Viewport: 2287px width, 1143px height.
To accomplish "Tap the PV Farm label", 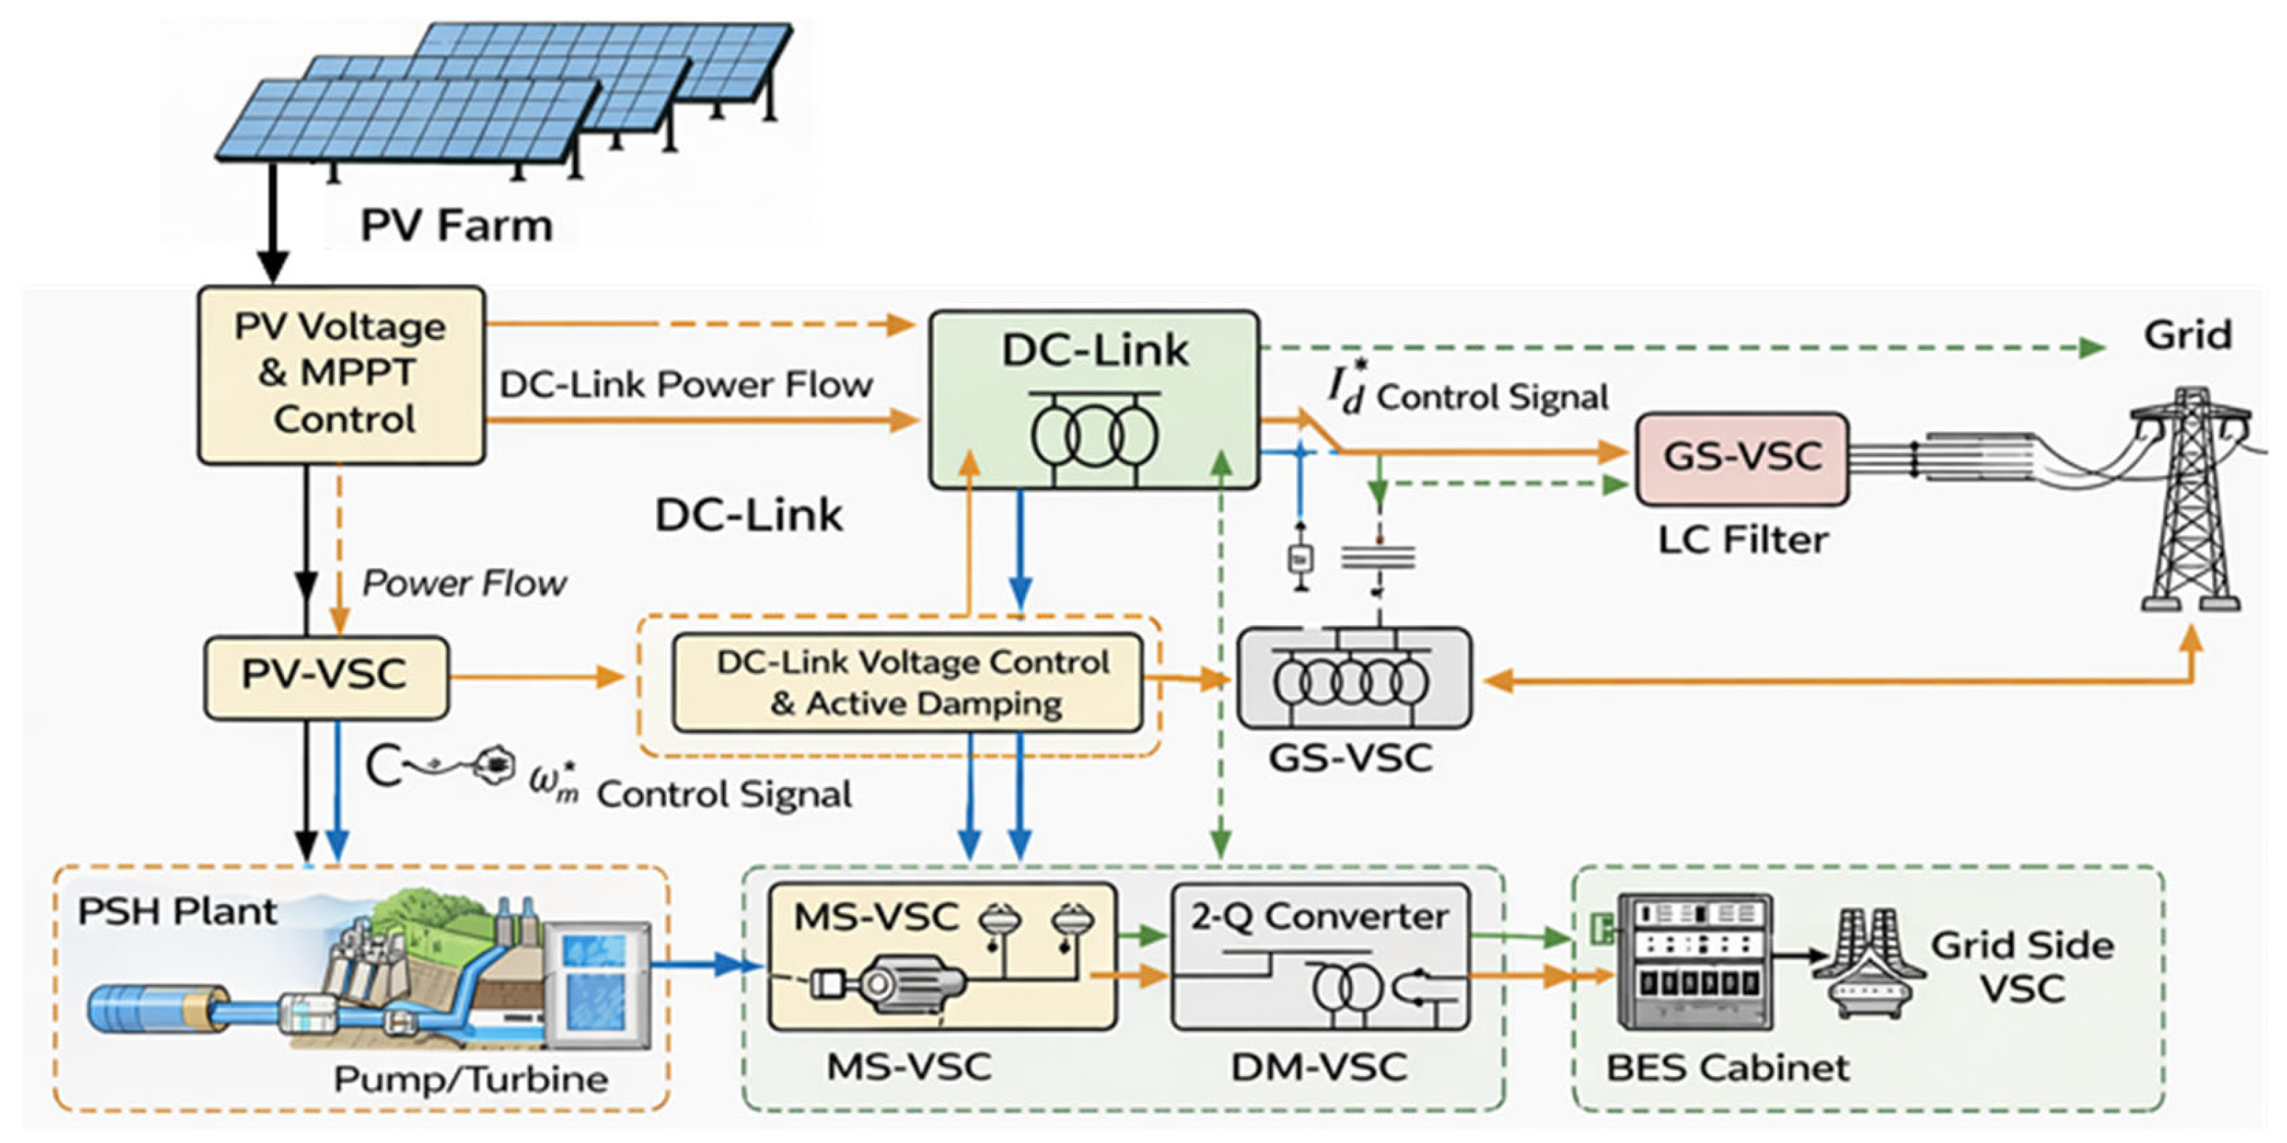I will coord(456,225).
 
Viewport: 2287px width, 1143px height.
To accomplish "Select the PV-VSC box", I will coord(325,677).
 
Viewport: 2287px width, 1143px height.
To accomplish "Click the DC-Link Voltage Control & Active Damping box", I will coord(907,683).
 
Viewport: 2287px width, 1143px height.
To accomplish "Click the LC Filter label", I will coord(1743,540).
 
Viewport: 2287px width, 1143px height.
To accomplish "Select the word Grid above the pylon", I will coord(2187,335).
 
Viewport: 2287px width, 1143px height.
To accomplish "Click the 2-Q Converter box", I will coord(1320,956).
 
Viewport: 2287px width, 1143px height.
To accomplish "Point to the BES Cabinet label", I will coord(1727,1067).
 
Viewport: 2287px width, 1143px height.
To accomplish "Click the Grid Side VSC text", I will coord(2022,967).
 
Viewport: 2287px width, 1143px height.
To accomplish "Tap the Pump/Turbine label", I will coord(471,1079).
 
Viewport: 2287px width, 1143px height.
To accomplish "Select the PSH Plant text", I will coord(177,911).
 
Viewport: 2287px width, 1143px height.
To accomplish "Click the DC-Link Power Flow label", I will coord(685,385).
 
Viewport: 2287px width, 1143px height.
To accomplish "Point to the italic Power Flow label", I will coord(464,583).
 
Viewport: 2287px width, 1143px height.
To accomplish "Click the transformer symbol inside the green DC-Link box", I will coord(1094,435).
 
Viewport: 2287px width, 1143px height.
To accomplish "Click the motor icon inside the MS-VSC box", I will coord(888,983).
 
